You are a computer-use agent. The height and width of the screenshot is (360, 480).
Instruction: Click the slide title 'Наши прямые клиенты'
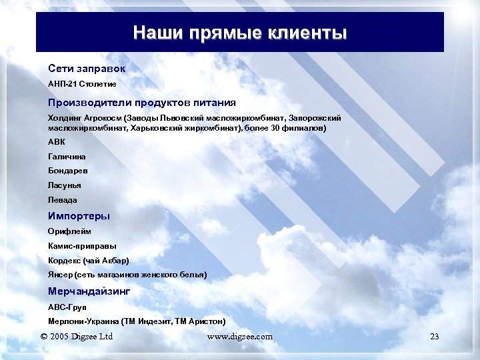240,33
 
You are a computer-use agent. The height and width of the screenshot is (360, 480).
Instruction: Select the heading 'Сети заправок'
87,69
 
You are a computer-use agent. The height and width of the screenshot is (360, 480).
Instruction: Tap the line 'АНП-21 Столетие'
82,85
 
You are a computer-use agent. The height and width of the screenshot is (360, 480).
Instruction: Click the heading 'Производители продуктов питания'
141,103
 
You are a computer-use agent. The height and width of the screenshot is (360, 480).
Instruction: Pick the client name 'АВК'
57,142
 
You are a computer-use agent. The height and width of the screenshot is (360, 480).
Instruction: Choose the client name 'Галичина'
67,156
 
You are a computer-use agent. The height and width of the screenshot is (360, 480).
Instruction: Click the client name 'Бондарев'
68,171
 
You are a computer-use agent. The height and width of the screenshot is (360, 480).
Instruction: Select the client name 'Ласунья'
65,185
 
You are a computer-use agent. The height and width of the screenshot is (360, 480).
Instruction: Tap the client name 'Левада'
63,200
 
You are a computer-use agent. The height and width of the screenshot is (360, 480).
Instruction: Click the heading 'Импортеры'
79,216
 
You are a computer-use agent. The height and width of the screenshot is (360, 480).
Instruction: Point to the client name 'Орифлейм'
69,231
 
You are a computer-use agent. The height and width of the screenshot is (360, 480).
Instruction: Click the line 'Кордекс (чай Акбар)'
89,260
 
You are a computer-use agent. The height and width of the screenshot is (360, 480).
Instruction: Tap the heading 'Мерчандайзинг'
89,291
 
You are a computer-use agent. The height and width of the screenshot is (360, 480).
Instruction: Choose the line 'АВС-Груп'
67,307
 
